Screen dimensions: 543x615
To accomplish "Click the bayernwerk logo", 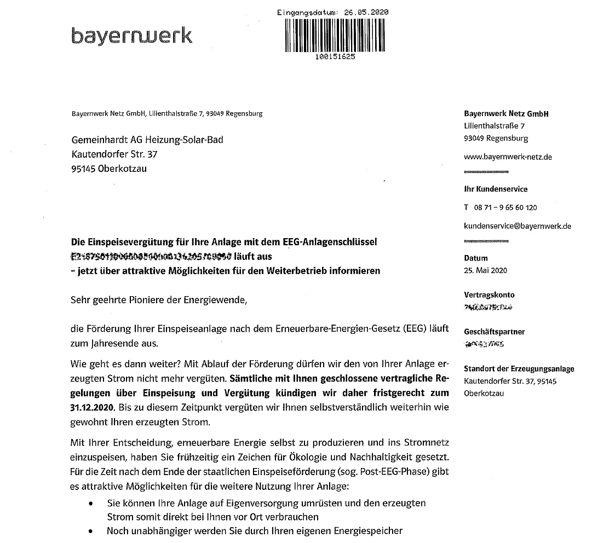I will [x=131, y=36].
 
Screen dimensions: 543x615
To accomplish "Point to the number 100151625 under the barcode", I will [x=336, y=56].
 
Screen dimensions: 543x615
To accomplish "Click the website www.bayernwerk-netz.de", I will [x=508, y=157].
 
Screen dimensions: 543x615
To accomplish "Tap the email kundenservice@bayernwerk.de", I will [x=518, y=226].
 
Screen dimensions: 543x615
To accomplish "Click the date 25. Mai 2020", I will [x=485, y=270].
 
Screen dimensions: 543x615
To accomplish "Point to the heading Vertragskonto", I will [x=489, y=294].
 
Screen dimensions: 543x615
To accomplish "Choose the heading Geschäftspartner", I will [x=494, y=332].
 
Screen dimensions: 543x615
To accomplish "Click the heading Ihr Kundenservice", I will [x=496, y=189].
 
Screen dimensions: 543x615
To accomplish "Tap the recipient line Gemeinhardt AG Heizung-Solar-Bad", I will [x=147, y=140].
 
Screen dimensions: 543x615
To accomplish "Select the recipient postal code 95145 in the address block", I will [x=83, y=169].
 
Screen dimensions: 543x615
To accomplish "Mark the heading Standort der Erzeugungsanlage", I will [x=519, y=369].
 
